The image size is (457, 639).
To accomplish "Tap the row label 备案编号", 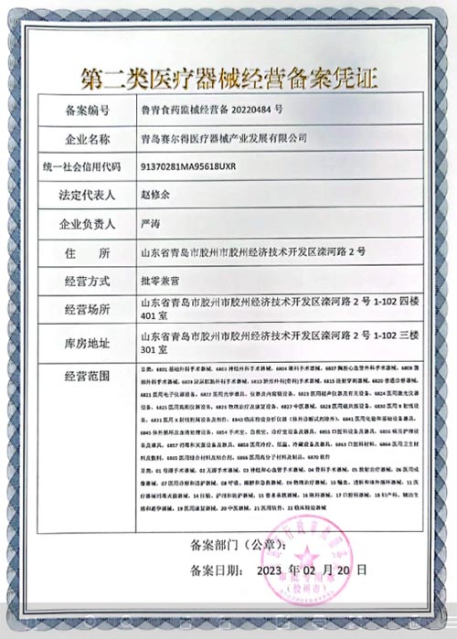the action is pyautogui.click(x=88, y=112).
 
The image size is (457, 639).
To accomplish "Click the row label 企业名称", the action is pyautogui.click(x=88, y=139).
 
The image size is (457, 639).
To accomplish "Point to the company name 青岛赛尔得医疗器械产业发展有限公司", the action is pyautogui.click(x=222, y=139).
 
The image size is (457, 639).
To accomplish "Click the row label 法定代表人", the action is pyautogui.click(x=88, y=196).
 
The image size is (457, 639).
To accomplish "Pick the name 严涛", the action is pyautogui.click(x=150, y=224).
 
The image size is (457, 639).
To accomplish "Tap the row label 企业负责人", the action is pyautogui.click(x=88, y=224).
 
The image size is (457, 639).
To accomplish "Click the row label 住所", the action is pyautogui.click(x=88, y=252).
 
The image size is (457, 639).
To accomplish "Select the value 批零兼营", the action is pyautogui.click(x=161, y=281).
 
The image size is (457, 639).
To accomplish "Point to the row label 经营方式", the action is pyautogui.click(x=88, y=281).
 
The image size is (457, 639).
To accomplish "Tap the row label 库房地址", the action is pyautogui.click(x=88, y=343).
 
